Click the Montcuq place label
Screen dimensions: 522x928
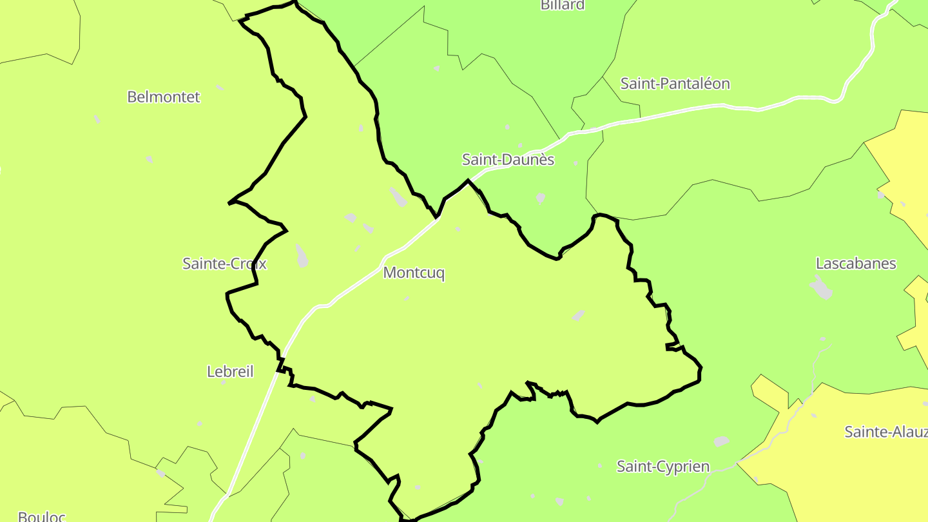pyautogui.click(x=414, y=273)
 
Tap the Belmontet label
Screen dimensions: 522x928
pyautogui.click(x=164, y=97)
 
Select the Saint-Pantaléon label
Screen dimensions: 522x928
pyautogui.click(x=675, y=83)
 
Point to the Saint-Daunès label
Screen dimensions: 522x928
pyautogui.click(x=508, y=159)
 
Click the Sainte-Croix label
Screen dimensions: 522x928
pyautogui.click(x=224, y=263)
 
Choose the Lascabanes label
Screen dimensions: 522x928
pyautogui.click(x=856, y=263)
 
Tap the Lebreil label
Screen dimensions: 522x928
pyautogui.click(x=230, y=371)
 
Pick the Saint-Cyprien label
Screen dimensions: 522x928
pyautogui.click(x=663, y=466)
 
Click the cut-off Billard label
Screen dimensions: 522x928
pyautogui.click(x=563, y=5)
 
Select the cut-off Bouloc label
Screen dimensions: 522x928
pyautogui.click(x=41, y=516)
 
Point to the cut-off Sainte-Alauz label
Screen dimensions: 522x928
pyautogui.click(x=885, y=431)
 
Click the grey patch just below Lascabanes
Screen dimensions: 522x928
pyautogui.click(x=821, y=287)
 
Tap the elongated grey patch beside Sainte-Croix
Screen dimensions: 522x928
pyautogui.click(x=302, y=256)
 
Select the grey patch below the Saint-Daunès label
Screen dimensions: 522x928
pyautogui.click(x=540, y=198)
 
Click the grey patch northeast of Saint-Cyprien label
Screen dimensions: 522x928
pyautogui.click(x=722, y=441)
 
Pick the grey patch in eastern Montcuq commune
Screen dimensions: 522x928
pyautogui.click(x=579, y=315)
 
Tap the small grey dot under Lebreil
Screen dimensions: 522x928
pyautogui.click(x=224, y=383)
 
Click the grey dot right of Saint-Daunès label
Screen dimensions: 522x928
pyautogui.click(x=575, y=163)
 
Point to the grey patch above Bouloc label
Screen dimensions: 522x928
pyautogui.click(x=161, y=473)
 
